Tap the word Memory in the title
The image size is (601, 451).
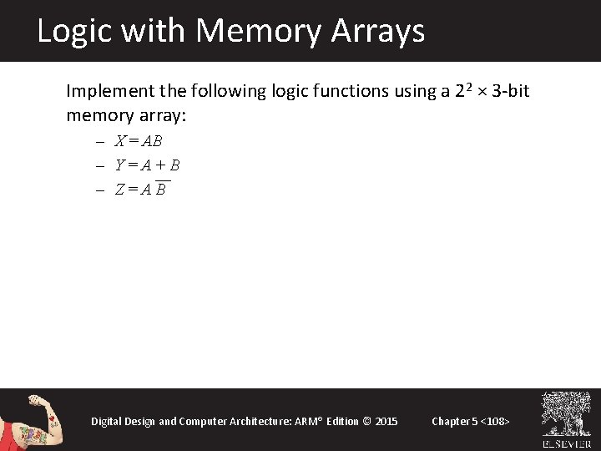click(259, 32)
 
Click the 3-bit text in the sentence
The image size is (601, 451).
click(511, 90)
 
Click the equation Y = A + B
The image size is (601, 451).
click(147, 165)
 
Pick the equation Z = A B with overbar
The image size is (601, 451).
click(140, 190)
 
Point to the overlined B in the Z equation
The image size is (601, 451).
click(160, 190)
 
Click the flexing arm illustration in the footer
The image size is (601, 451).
click(31, 420)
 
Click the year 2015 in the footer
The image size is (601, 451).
click(386, 421)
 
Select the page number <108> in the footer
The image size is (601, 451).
click(492, 421)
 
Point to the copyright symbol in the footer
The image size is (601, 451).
click(366, 421)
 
